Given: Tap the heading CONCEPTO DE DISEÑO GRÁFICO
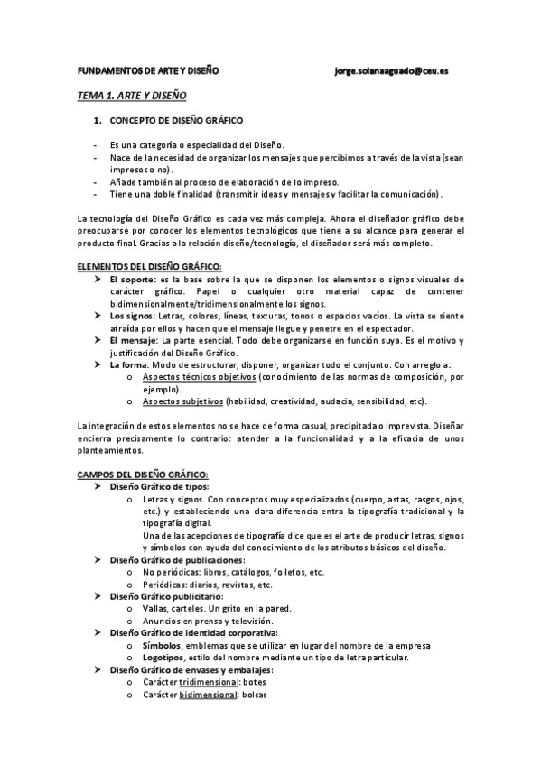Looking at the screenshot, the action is [175, 120].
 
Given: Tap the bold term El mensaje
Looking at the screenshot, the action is [132, 341].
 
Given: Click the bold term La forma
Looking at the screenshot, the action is [128, 365].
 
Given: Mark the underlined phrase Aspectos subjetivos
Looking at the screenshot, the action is [183, 401].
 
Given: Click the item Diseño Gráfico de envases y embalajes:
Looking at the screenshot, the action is [191, 669].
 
